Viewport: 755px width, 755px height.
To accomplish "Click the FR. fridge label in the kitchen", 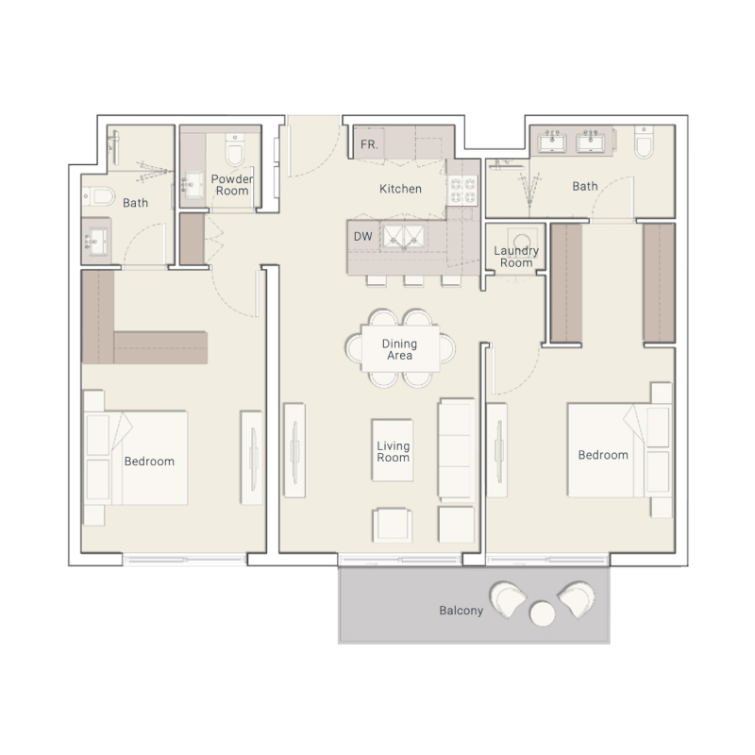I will point(368,144).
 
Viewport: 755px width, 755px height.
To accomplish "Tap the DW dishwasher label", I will point(362,237).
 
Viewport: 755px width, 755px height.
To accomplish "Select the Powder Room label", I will point(230,184).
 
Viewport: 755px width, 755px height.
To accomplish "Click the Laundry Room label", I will point(516,257).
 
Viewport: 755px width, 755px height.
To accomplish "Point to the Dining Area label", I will point(399,349).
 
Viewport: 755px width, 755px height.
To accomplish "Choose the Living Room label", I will point(393,451).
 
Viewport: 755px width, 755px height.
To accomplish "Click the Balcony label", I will point(461,611).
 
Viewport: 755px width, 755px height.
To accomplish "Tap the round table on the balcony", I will point(543,614).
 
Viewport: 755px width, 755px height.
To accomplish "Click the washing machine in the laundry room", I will point(516,237).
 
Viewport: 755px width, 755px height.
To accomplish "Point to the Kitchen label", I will point(400,189).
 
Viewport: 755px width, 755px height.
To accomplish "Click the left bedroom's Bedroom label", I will point(149,461).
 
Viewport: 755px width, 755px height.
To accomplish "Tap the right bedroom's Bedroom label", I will point(603,455).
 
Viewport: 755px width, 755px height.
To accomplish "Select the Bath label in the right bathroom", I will point(585,186).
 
